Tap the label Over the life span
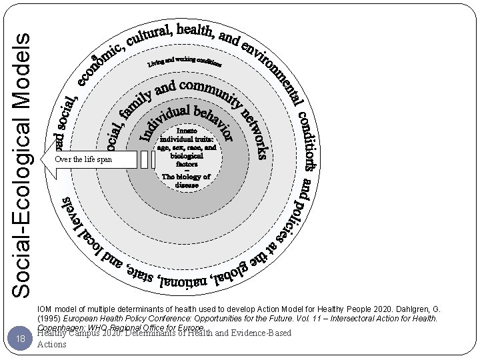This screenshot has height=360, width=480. pos(84,160)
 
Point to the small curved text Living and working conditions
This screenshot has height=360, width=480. pos(185,63)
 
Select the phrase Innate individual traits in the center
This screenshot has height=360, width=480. pos(187,137)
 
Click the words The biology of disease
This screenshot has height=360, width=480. pos(187,181)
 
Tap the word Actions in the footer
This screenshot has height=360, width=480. pos(52,345)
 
